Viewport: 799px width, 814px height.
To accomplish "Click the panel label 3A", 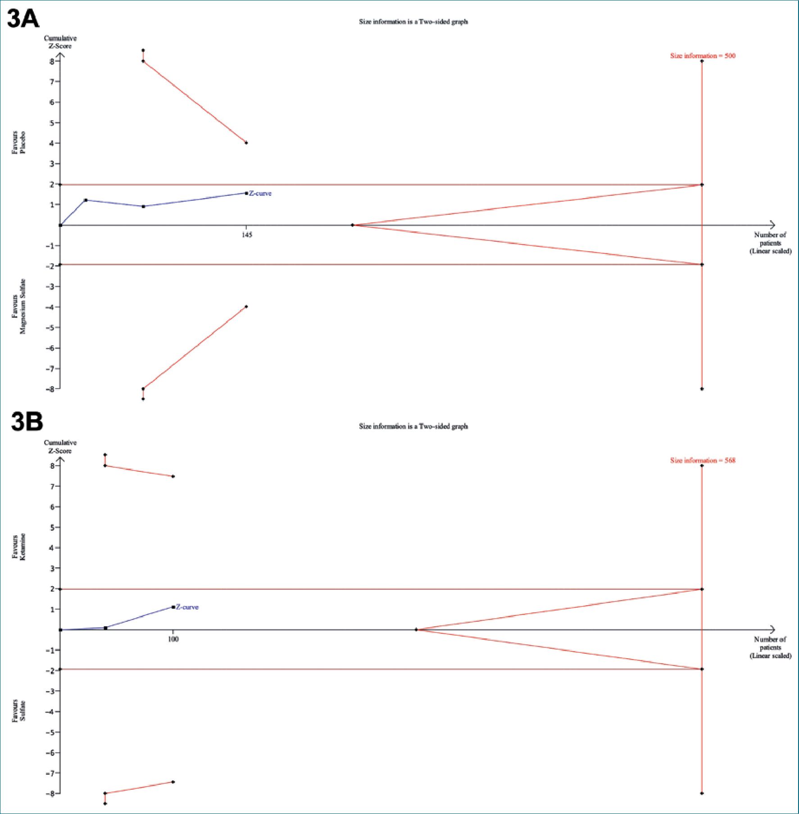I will [x=23, y=19].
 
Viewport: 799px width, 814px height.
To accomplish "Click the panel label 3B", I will [x=27, y=422].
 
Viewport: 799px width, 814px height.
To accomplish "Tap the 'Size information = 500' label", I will [x=702, y=56].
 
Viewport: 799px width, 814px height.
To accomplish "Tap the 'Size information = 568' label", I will [x=702, y=460].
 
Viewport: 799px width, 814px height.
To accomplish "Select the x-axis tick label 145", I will [x=247, y=235].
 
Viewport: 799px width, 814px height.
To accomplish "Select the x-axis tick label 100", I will [x=173, y=639].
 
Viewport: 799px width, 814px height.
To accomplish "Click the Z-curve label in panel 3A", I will [x=260, y=193].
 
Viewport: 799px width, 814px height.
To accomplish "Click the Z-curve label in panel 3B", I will [x=187, y=607].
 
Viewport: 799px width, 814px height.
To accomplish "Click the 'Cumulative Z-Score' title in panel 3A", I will [x=60, y=42].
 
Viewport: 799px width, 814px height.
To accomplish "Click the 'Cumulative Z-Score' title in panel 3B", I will [x=60, y=447].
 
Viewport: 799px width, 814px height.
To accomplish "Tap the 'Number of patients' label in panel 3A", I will [x=770, y=243].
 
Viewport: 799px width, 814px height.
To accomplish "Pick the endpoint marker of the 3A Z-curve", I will [x=246, y=193].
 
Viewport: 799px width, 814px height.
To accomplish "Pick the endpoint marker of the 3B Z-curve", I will [x=173, y=607].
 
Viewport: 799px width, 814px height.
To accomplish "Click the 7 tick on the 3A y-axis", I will [x=52, y=81].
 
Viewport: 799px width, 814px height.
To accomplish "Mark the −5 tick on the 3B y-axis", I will [x=50, y=732].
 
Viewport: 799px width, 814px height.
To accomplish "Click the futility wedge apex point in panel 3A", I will [x=353, y=225].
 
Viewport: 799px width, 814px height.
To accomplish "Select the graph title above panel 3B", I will [x=413, y=426].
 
